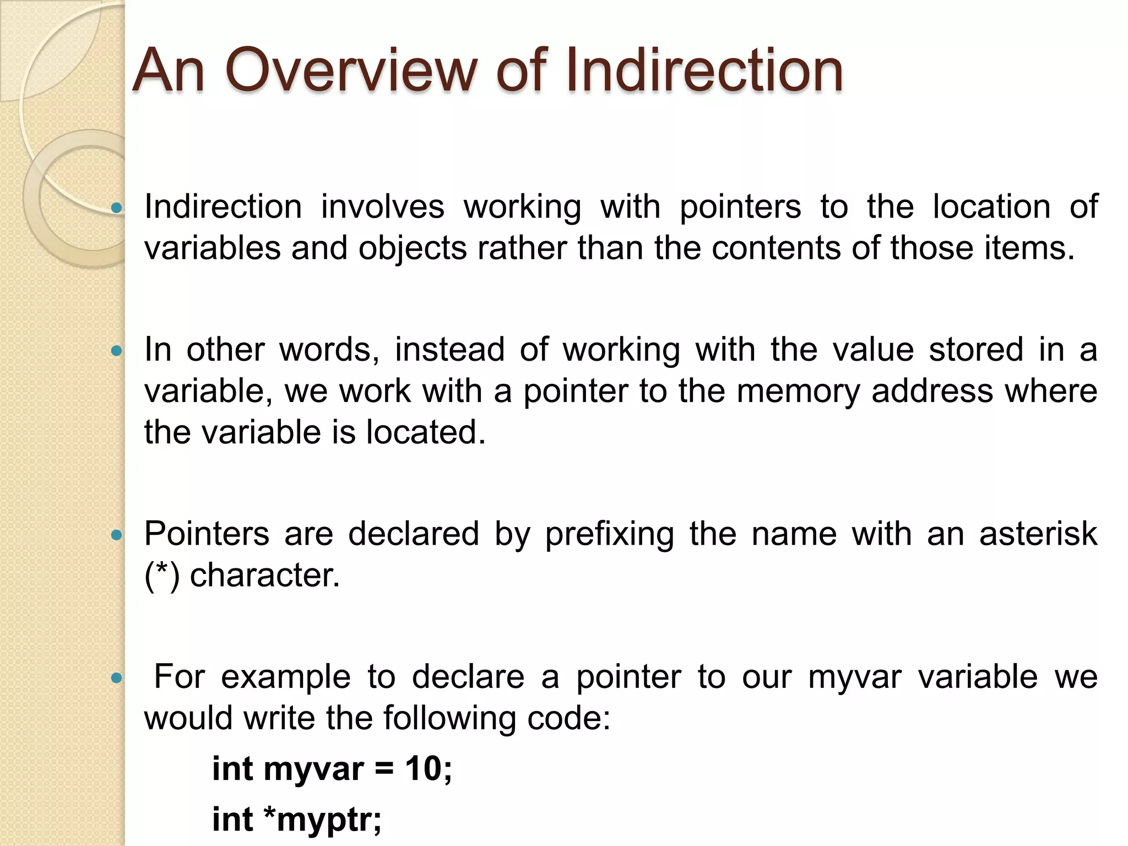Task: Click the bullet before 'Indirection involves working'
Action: (116, 208)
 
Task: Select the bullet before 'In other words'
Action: (116, 351)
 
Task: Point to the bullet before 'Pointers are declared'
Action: (116, 535)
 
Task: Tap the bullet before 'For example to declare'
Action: (116, 678)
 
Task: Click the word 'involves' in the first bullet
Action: (382, 208)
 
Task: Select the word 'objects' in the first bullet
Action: (413, 248)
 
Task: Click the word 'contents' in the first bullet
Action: (776, 248)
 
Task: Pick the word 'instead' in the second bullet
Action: (449, 350)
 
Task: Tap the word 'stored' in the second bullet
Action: (976, 350)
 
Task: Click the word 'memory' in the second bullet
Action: (798, 392)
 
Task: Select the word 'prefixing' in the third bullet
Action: (609, 535)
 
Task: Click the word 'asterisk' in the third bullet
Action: (1038, 534)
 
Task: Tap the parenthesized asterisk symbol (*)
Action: (162, 576)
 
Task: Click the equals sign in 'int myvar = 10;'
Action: (384, 770)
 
